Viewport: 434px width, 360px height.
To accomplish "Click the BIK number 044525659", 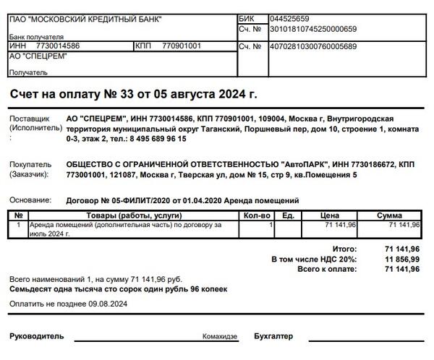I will coord(289,19).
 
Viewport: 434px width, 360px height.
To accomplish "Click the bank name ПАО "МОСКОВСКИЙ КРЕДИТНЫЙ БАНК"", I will coord(85,19).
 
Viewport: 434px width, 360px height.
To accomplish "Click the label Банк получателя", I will coord(36,37).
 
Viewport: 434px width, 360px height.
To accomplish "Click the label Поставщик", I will coord(29,119).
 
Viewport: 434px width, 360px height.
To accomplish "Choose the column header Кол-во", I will coord(256,215).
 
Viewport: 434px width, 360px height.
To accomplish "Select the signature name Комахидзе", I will coord(221,337).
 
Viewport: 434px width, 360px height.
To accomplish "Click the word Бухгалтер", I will coord(274,337).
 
